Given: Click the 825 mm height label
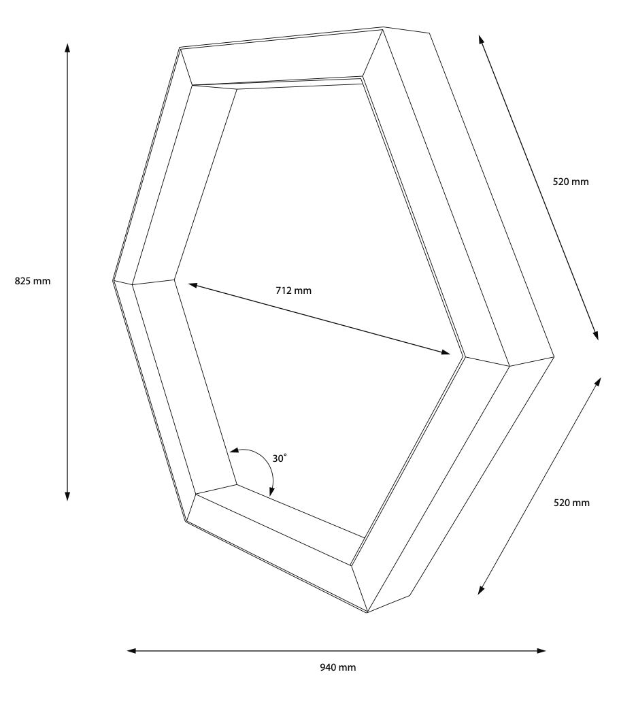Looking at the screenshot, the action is (x=33, y=281).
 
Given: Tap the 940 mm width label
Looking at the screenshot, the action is (x=338, y=667).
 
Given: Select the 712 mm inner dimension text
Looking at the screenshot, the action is (x=294, y=290).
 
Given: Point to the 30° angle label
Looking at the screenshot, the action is (x=280, y=458).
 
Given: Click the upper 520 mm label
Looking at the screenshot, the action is (x=571, y=182).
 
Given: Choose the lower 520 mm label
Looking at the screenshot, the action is (x=571, y=503).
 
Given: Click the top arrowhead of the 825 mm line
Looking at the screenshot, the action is (x=67, y=48).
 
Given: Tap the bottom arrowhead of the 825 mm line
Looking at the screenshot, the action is (x=67, y=496).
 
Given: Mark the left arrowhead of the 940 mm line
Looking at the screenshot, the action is (x=131, y=650).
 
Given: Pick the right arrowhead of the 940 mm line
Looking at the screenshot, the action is (x=541, y=650).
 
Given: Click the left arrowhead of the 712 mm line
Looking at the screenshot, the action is (x=193, y=285).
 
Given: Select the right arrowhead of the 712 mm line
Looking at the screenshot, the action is (x=446, y=353).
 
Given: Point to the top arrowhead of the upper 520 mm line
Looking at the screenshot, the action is (x=480, y=39).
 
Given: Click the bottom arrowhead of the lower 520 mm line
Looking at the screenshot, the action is (x=481, y=590).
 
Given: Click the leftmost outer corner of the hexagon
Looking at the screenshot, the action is (x=113, y=281).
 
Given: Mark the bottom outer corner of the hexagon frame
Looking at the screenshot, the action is (x=367, y=612).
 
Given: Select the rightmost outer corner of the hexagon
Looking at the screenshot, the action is (x=554, y=357).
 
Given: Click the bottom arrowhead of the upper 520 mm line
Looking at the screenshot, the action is (x=596, y=336).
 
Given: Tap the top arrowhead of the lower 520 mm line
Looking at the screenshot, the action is (x=598, y=382).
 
